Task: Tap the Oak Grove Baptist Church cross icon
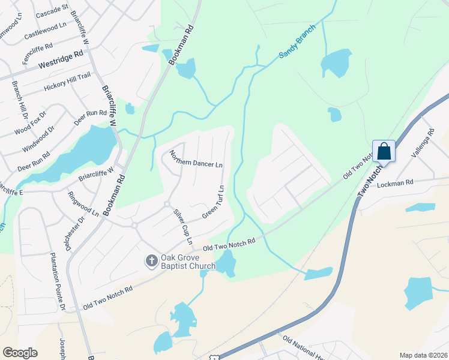(151, 260)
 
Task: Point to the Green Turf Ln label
(213, 202)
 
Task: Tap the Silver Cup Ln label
(183, 227)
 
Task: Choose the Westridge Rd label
(61, 59)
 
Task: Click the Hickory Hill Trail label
(67, 82)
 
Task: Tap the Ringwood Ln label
(83, 204)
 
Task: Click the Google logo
(20, 353)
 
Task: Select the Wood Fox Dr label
(31, 122)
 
